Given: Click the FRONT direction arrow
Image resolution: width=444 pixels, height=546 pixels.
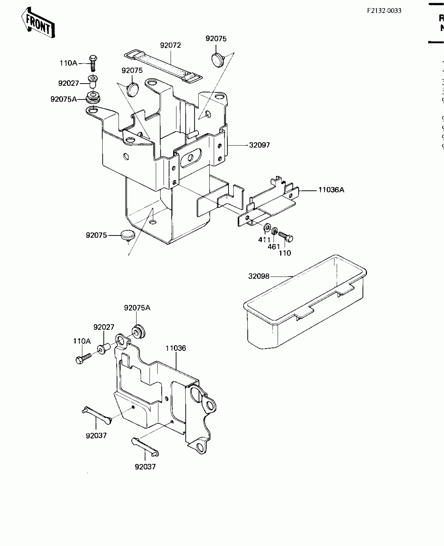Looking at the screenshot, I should pos(38,23).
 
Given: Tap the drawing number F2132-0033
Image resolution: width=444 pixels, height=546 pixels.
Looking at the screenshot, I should pos(384,11).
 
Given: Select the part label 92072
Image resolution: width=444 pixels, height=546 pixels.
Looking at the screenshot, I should pos(170,45).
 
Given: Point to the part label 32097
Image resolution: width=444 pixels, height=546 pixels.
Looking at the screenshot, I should pos(259,145).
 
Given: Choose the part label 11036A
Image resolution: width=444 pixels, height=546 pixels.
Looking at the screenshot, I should pos(331,190).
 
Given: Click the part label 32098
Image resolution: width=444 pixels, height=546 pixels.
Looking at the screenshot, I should pos(259,276).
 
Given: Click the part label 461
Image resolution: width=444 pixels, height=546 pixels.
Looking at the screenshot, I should pos(274,246).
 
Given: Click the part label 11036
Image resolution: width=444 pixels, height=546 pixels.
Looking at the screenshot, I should pos(176,348).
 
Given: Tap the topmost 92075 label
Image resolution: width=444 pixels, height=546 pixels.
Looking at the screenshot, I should pos(216,39).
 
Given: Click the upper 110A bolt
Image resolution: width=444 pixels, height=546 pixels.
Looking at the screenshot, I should pos(93,63).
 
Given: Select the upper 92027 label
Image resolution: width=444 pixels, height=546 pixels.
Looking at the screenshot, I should pos(68,83).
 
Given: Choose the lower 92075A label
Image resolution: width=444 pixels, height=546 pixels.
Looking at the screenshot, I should pos(137,308).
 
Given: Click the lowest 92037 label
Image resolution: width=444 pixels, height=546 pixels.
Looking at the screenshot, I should pos(145,467).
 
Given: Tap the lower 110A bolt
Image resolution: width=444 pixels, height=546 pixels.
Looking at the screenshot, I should pos(83,358).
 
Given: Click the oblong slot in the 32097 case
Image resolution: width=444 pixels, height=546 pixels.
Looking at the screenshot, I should pos(190,158).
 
